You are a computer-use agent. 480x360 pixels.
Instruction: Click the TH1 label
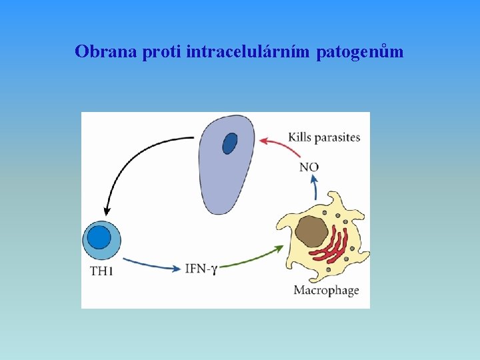click(x=101, y=271)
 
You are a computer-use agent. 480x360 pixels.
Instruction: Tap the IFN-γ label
click(x=201, y=269)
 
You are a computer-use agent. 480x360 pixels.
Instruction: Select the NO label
click(x=309, y=167)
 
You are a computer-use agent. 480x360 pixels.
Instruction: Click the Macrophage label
click(x=326, y=290)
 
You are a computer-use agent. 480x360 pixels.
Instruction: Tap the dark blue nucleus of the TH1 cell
click(x=99, y=238)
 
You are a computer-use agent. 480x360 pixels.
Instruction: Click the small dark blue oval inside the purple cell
click(x=229, y=143)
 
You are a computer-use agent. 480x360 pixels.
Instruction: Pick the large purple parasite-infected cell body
click(x=223, y=177)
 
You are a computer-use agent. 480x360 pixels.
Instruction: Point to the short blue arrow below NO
click(x=315, y=187)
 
